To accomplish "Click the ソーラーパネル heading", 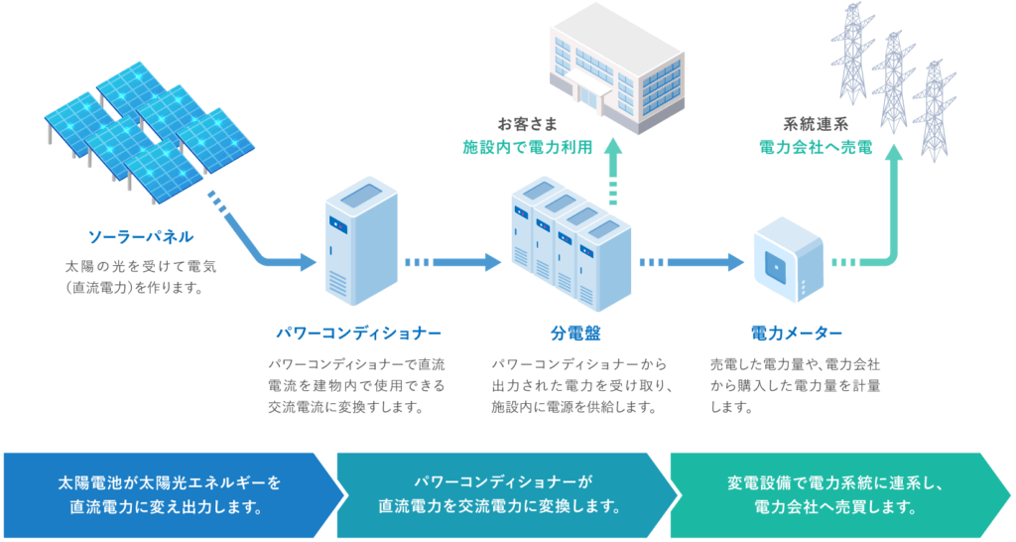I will (140, 237).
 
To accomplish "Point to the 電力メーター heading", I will (797, 333).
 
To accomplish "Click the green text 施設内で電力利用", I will (528, 147).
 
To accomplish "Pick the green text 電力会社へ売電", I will (815, 147).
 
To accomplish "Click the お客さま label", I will (528, 125).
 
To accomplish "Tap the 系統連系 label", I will (815, 125).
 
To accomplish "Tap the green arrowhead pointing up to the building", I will (613, 151).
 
